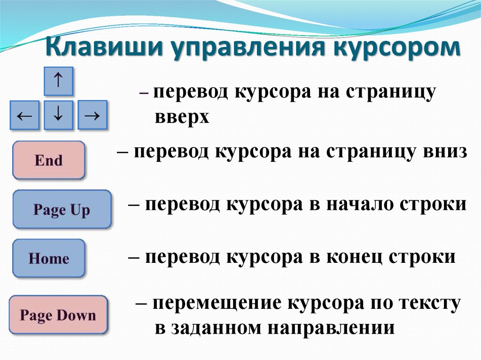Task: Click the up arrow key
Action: (58, 81)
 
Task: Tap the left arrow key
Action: (24, 115)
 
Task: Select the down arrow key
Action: (58, 115)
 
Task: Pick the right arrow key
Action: (93, 115)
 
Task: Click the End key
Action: (48, 160)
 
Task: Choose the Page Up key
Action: (62, 209)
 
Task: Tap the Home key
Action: (48, 259)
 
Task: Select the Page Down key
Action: (58, 315)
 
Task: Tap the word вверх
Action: (182, 117)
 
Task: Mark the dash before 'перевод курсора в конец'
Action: (134, 258)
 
